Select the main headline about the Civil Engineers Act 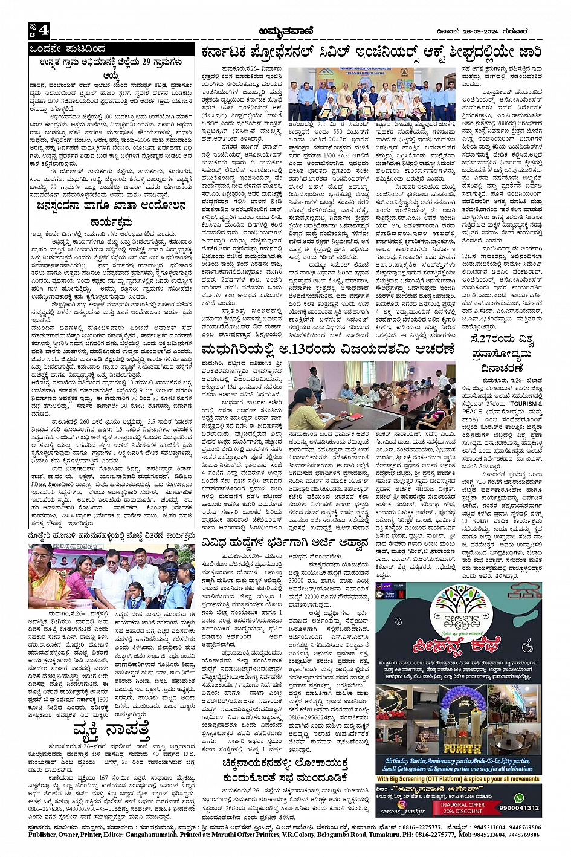(372, 51)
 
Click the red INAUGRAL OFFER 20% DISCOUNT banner (462, 807)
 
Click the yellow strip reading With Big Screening (457, 779)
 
